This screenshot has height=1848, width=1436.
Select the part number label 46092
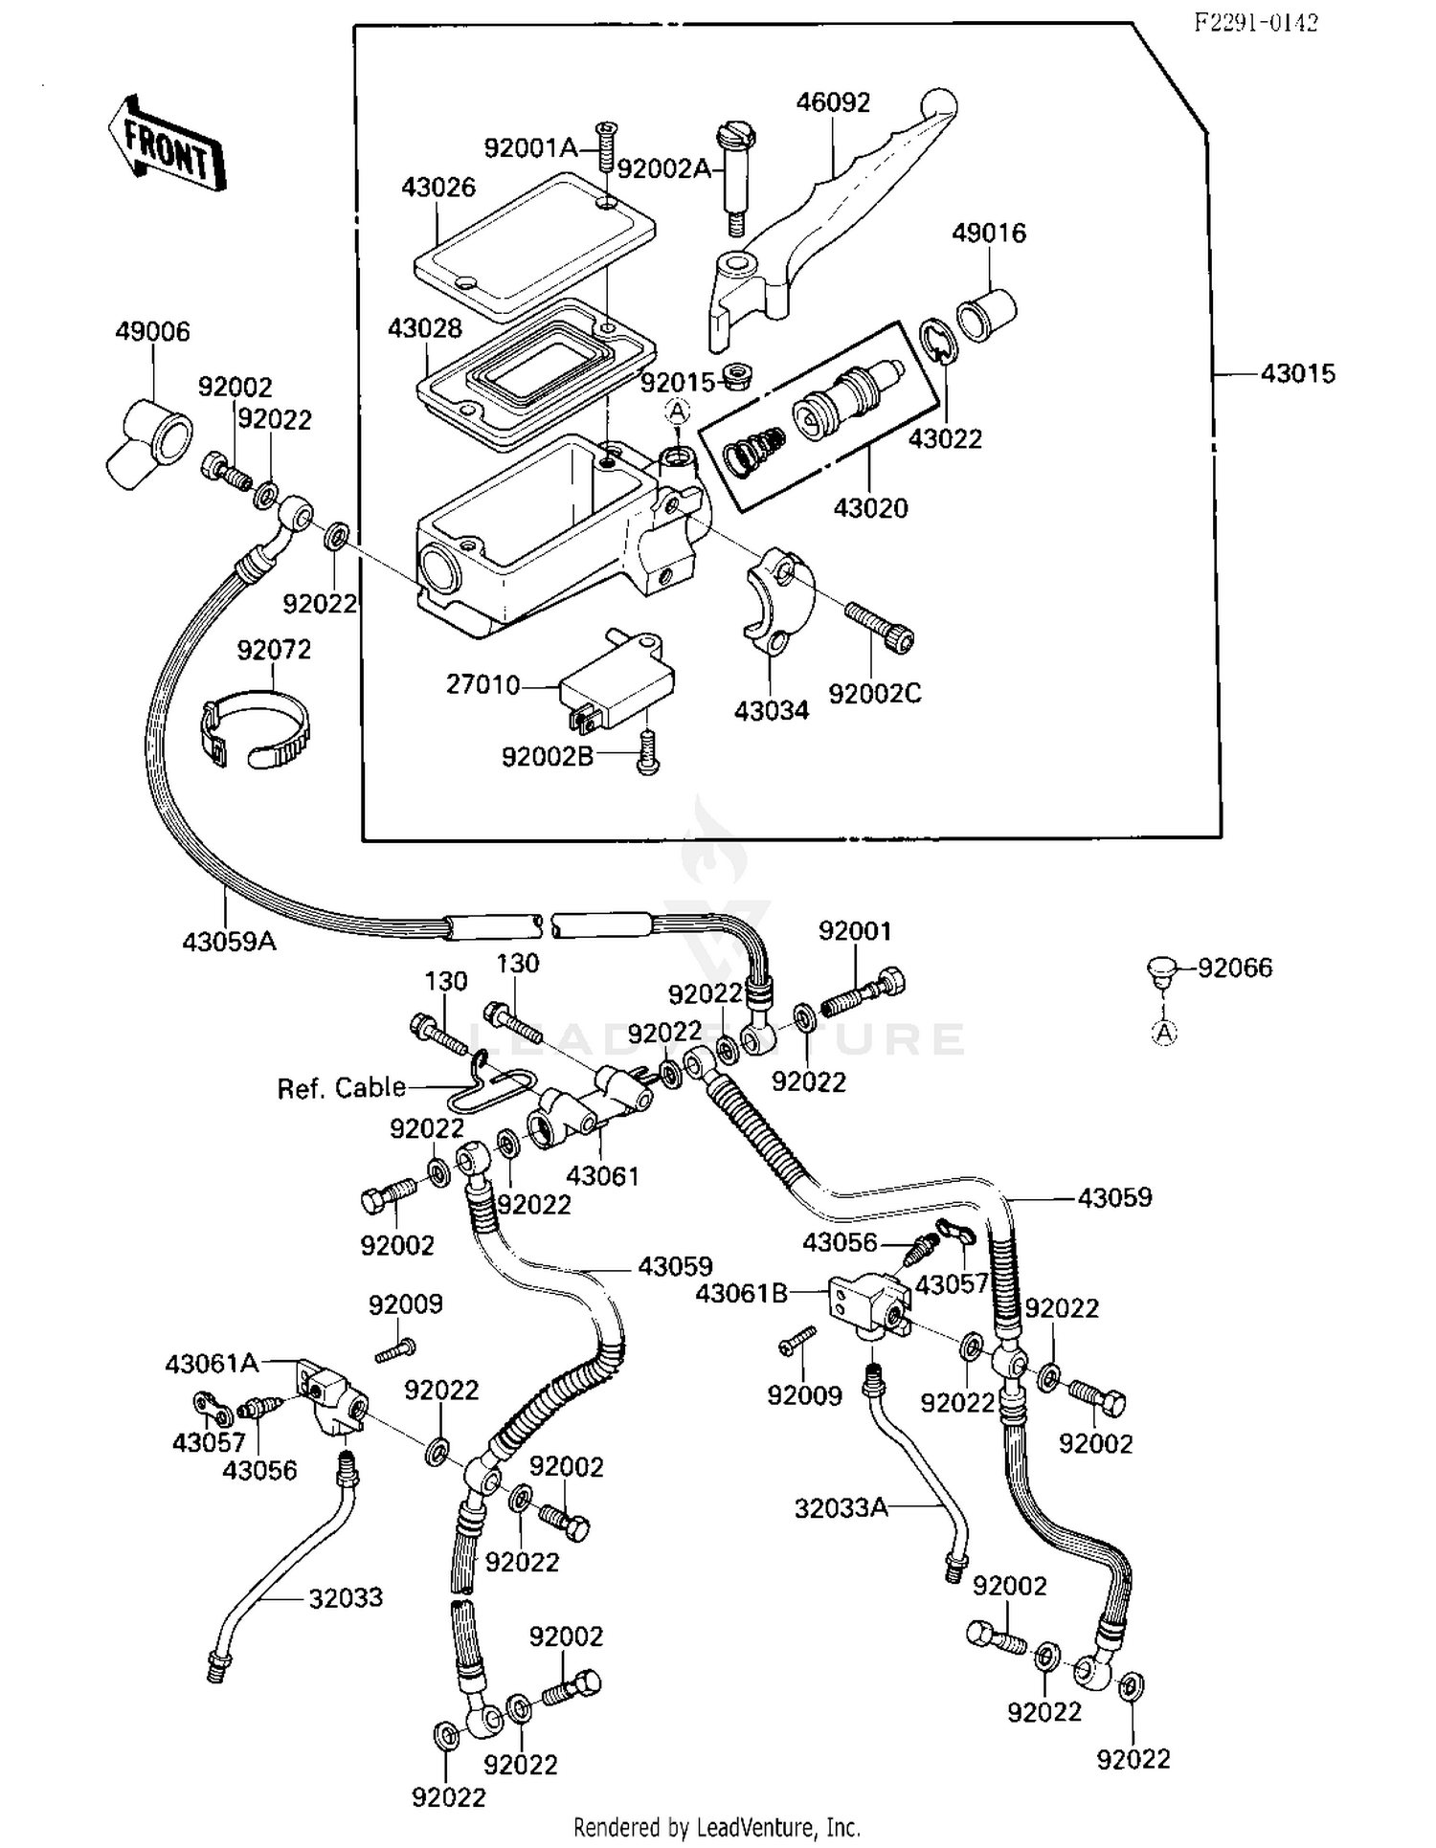(833, 103)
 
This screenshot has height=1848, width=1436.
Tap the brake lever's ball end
(938, 103)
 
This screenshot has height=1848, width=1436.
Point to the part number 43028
(424, 328)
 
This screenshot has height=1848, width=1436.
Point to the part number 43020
(870, 507)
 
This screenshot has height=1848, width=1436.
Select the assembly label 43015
(1297, 373)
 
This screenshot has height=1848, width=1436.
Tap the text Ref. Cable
(341, 1088)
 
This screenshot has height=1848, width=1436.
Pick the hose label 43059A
(229, 942)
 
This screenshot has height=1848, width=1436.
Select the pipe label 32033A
(841, 1508)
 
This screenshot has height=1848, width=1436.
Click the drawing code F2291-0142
(1255, 23)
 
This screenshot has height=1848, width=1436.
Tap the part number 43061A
(212, 1363)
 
